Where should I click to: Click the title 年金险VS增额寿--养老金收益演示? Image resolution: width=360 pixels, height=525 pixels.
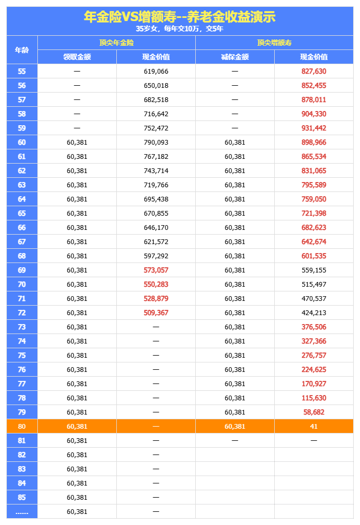[179, 17]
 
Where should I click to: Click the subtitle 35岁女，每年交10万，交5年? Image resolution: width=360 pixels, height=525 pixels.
[179, 29]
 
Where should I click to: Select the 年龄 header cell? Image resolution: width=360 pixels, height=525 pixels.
[22, 50]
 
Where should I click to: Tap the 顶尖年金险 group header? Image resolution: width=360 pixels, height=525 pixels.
[116, 43]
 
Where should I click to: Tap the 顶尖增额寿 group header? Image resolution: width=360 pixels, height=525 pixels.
[274, 43]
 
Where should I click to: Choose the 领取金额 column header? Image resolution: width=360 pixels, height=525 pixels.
[77, 57]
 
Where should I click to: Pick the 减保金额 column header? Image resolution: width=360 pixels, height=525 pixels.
[235, 57]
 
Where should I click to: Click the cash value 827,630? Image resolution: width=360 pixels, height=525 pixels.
[314, 71]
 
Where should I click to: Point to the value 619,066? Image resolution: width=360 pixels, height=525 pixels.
[156, 71]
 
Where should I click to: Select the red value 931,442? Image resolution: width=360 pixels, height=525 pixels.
[314, 128]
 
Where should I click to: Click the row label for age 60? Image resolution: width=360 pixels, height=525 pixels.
[22, 142]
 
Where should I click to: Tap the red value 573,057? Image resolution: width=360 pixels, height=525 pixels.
[156, 270]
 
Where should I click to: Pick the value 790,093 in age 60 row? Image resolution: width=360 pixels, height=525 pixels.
[156, 142]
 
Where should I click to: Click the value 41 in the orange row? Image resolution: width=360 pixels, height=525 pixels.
[314, 426]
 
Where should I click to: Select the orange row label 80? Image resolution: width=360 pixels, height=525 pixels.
[22, 426]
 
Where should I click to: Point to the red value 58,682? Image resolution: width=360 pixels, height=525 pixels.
[314, 412]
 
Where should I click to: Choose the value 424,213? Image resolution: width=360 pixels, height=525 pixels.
[314, 312]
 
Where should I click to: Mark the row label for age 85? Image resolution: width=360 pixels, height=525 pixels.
[22, 497]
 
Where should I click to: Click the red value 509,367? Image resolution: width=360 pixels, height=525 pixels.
[156, 312]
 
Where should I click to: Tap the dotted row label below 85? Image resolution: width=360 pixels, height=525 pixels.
[22, 512]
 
